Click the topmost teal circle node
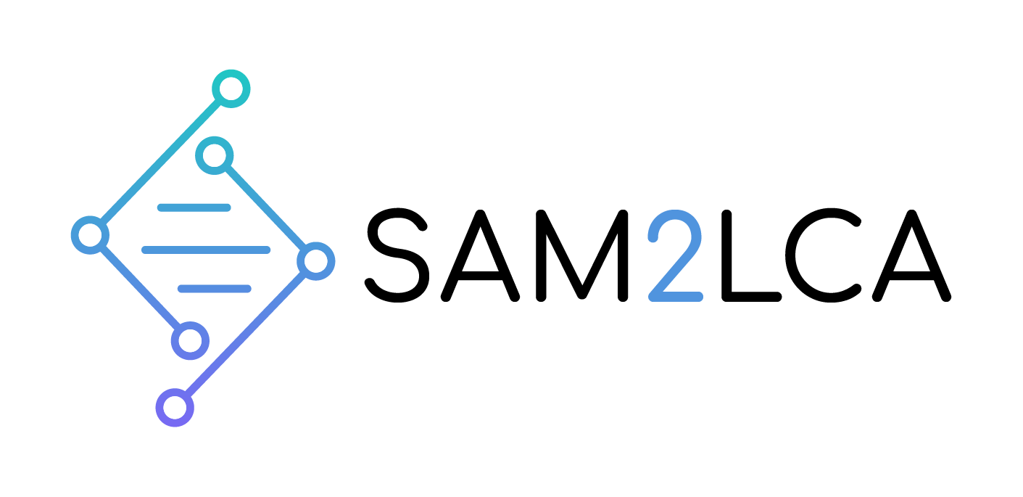pos(231,89)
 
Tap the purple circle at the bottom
pos(175,408)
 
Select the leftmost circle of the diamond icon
pos(90,234)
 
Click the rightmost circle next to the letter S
pos(315,260)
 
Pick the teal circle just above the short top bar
pos(215,155)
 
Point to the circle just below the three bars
pos(190,340)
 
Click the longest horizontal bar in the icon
pos(206,250)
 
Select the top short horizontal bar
pos(194,208)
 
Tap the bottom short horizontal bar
pos(215,289)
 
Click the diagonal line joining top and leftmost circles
pos(160,161)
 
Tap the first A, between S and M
pos(481,255)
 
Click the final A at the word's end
pos(911,255)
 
